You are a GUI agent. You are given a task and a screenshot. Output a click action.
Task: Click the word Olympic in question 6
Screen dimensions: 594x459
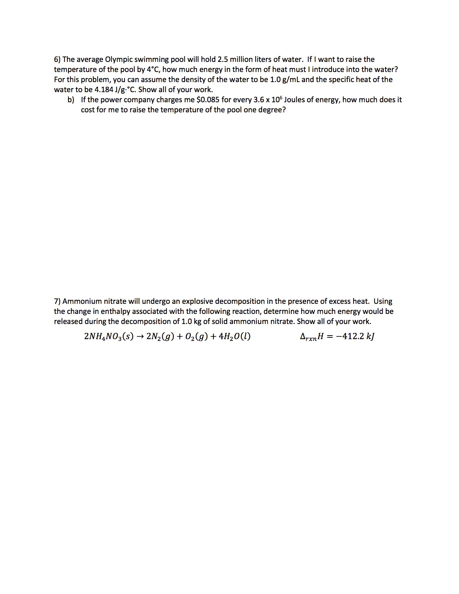click(x=118, y=59)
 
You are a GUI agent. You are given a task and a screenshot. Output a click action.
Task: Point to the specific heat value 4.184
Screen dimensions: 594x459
click(x=104, y=90)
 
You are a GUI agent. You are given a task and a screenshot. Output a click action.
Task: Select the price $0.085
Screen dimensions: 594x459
click(x=208, y=100)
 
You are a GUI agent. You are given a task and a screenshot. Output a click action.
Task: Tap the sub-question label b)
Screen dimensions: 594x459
click(x=71, y=100)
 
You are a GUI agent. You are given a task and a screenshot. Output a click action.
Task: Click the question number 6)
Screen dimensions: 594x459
click(x=57, y=59)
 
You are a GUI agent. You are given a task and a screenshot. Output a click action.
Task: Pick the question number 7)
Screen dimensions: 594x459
click(x=57, y=301)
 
